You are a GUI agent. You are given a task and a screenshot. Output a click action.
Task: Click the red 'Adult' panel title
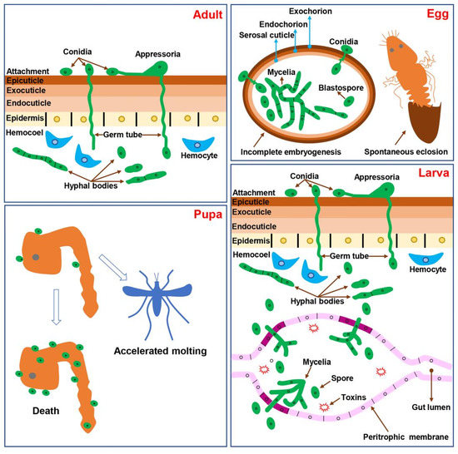click(x=202, y=16)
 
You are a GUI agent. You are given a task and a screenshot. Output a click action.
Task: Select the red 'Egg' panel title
click(x=434, y=16)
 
